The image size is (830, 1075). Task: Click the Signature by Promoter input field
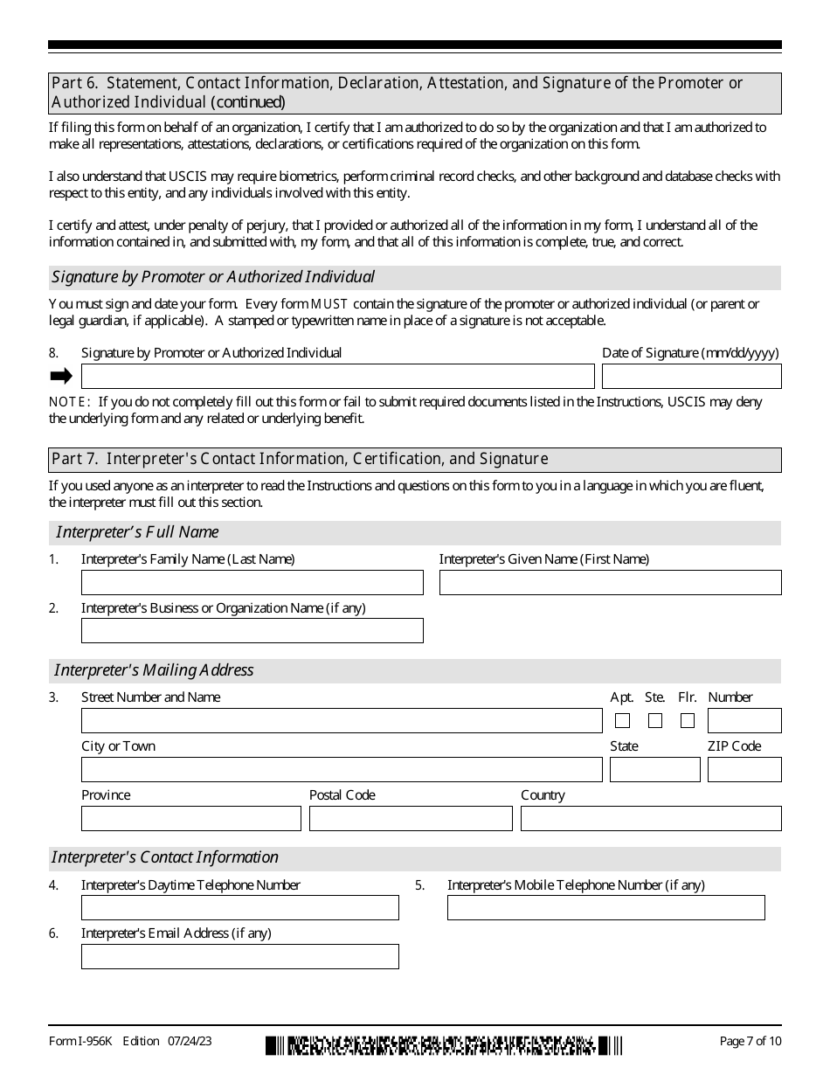337,377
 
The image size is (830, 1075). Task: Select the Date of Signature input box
691,377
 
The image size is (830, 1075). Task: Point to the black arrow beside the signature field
61,377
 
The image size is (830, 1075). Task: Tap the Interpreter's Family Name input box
252,583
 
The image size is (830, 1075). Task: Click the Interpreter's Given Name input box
610,583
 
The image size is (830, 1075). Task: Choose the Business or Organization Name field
252,631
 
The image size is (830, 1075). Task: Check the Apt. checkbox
622,721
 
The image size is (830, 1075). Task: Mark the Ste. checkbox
655,721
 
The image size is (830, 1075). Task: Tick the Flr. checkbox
688,721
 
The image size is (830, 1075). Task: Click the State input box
654,770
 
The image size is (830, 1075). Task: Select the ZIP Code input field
744,770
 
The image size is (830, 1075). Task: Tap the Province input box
190,819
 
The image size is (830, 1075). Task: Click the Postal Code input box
411,819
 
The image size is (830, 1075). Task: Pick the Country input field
651,819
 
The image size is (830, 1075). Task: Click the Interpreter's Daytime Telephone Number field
239,908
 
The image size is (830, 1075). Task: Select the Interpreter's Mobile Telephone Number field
605,908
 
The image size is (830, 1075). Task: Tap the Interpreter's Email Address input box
239,957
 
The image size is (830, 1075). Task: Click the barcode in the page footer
444,1045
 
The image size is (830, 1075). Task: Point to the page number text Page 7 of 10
750,1041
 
